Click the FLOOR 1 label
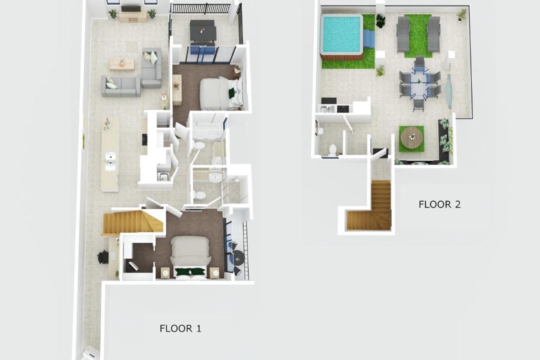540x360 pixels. pos(180,328)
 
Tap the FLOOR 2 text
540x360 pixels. pos(439,204)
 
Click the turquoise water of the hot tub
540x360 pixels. pos(341,34)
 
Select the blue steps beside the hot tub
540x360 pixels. pos(369,38)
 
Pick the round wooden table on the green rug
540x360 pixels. pos(411,137)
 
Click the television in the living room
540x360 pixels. pos(130,8)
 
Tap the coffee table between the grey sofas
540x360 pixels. pos(122,64)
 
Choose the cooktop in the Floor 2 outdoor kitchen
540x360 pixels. pos(342,109)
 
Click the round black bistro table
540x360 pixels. pos(238,257)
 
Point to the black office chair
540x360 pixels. pos(103,257)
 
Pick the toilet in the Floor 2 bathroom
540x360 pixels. pos(332,150)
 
